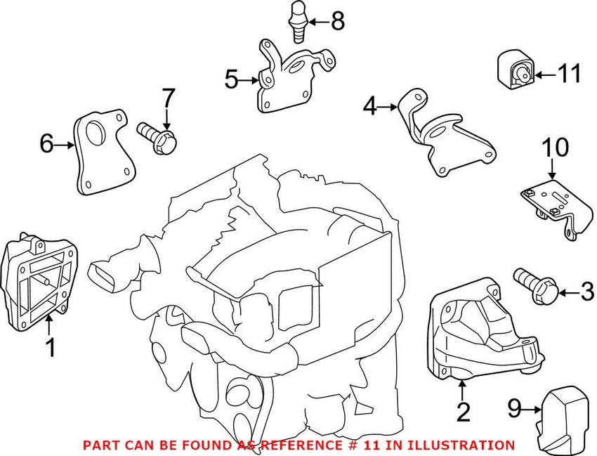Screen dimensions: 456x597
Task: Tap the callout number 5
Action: click(232, 80)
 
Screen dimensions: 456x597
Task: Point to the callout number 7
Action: click(167, 98)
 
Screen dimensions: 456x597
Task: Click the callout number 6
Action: click(46, 145)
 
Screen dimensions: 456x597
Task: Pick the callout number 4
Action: click(370, 108)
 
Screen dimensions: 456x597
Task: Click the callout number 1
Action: click(50, 347)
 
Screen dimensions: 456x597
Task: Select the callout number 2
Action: click(463, 412)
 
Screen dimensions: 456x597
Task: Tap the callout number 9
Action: click(516, 406)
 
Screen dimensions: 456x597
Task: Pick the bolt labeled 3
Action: click(535, 287)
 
